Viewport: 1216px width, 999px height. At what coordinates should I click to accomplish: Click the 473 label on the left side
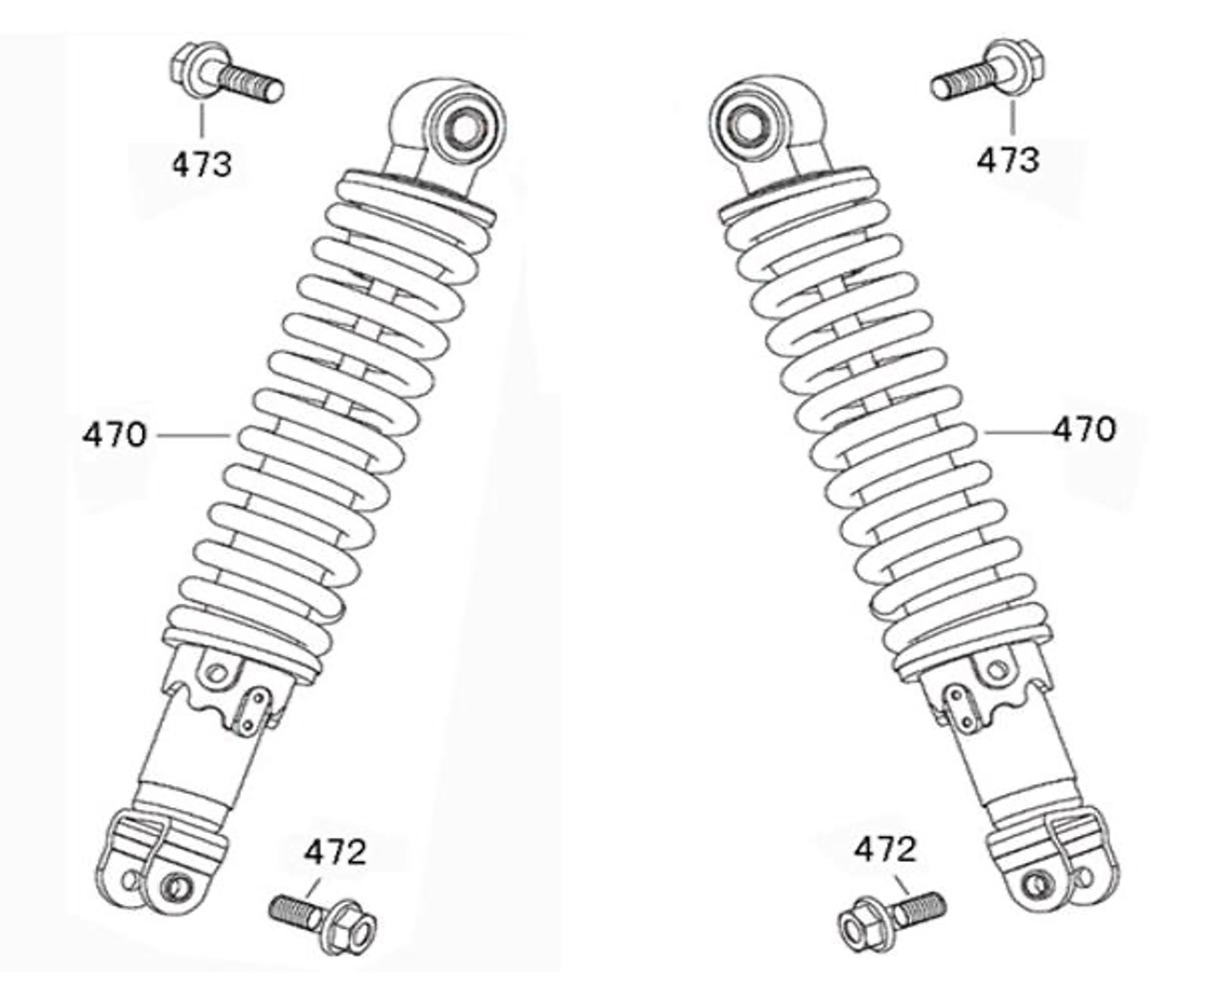coord(201,164)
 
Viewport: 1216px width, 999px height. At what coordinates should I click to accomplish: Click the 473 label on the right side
coord(1007,159)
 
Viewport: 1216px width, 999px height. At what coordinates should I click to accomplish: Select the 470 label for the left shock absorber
coord(114,435)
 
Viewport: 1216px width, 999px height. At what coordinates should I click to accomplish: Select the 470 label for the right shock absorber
coord(1085,430)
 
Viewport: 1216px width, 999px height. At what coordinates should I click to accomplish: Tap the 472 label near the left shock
coord(336,851)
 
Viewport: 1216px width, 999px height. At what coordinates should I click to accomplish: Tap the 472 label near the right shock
coord(885,848)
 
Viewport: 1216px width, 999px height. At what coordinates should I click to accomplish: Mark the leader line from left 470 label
coord(192,435)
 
